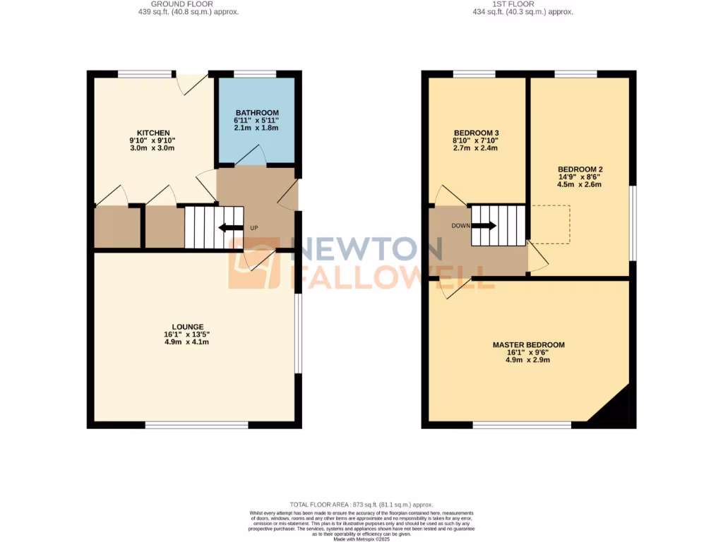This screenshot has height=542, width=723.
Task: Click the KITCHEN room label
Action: point(153,133)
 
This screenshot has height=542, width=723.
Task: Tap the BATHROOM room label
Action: point(257,113)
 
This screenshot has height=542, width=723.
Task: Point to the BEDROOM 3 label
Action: point(476,133)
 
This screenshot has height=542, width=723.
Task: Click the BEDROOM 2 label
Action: point(580,169)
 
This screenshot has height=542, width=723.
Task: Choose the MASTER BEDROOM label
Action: point(528,345)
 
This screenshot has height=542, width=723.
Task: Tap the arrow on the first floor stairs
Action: point(484,226)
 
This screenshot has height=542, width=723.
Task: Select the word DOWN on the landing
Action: point(461,226)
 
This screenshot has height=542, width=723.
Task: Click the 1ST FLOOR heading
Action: point(522,4)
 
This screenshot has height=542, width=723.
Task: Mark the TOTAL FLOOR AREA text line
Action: point(361,505)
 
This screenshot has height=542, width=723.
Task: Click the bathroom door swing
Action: point(251,157)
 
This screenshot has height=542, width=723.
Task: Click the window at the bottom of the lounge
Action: point(196,425)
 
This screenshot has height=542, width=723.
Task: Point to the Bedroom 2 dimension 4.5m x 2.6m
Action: point(580,185)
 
